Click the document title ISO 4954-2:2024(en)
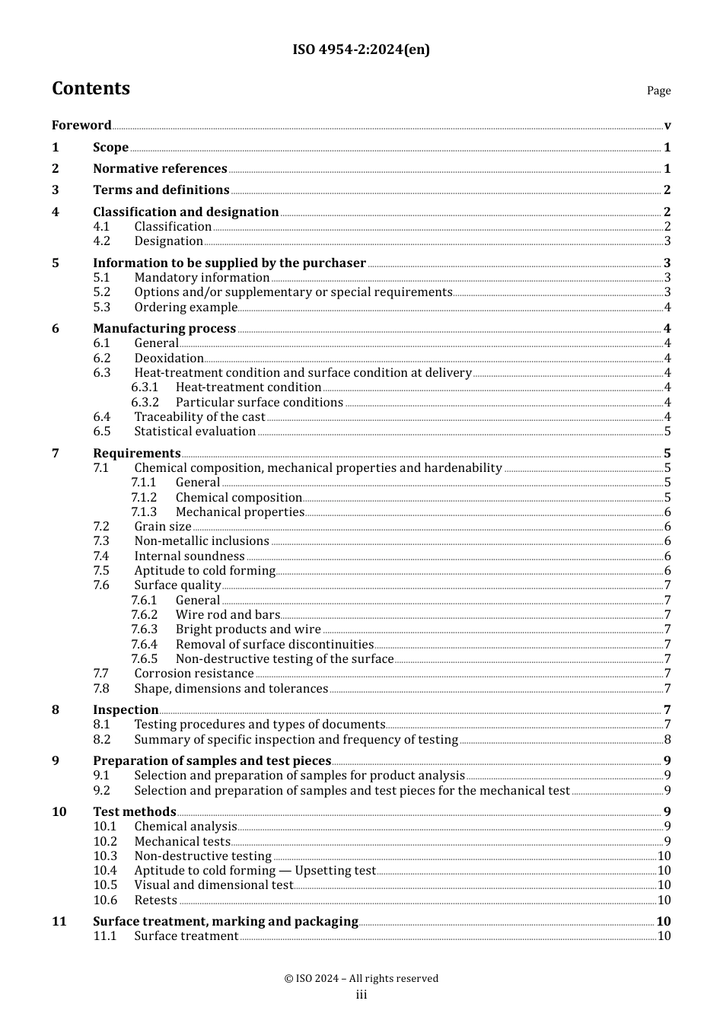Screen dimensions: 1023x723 click(361, 50)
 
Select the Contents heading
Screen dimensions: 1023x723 click(91, 89)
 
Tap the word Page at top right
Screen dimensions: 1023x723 click(658, 91)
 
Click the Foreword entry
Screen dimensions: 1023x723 click(81, 126)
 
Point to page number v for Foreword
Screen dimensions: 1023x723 click(667, 126)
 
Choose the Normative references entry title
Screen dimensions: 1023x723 click(160, 169)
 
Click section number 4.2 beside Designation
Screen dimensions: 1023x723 click(101, 241)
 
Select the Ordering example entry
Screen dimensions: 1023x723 click(186, 308)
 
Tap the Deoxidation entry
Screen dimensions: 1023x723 click(169, 359)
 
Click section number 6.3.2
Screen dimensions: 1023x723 click(145, 403)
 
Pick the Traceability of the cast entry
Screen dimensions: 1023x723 click(199, 417)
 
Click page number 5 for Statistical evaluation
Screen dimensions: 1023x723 click(667, 432)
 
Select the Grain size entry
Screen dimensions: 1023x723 click(163, 527)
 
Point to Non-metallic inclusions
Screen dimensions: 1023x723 click(202, 541)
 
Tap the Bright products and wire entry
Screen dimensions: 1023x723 click(248, 629)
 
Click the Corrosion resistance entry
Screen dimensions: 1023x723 click(194, 674)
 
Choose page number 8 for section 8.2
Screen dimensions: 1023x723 click(667, 740)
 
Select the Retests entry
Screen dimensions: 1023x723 click(155, 900)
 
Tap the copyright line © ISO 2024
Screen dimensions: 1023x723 click(361, 979)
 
